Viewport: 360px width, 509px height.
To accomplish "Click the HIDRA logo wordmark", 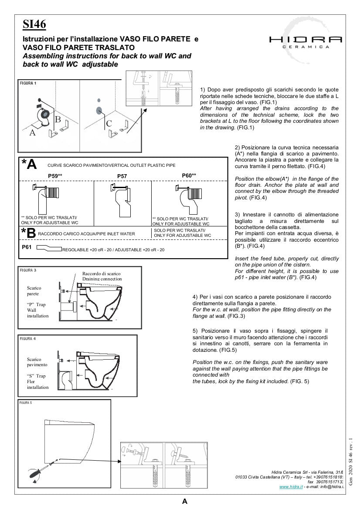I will tap(305, 39).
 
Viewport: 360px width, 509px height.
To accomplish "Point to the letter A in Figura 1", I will tap(32, 133).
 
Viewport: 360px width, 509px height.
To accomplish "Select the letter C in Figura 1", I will tap(109, 124).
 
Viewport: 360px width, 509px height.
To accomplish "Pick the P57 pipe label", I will tap(122, 176).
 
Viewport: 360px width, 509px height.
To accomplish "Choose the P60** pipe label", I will tap(189, 175).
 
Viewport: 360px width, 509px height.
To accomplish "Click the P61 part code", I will tap(27, 247).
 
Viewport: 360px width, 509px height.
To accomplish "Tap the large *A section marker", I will tap(29, 164).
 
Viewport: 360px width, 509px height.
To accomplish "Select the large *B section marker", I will tap(28, 233).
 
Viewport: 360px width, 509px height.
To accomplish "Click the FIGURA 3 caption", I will tap(28, 270).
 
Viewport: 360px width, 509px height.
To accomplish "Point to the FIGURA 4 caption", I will tap(28, 338).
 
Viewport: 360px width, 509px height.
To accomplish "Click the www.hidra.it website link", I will tap(291, 486).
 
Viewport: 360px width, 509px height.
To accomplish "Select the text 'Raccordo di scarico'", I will tap(102, 273).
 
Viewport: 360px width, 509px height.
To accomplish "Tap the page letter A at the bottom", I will tap(185, 501).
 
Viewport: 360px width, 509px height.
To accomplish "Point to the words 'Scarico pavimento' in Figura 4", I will tap(37, 362).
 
